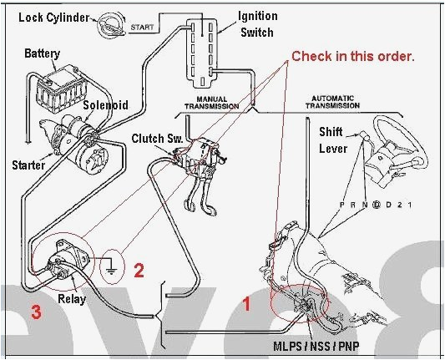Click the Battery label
pyautogui.click(x=42, y=53)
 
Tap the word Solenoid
pyautogui.click(x=104, y=105)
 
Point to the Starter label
pyautogui.click(x=29, y=165)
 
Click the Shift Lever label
pyautogui.click(x=334, y=140)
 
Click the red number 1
pyautogui.click(x=246, y=304)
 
